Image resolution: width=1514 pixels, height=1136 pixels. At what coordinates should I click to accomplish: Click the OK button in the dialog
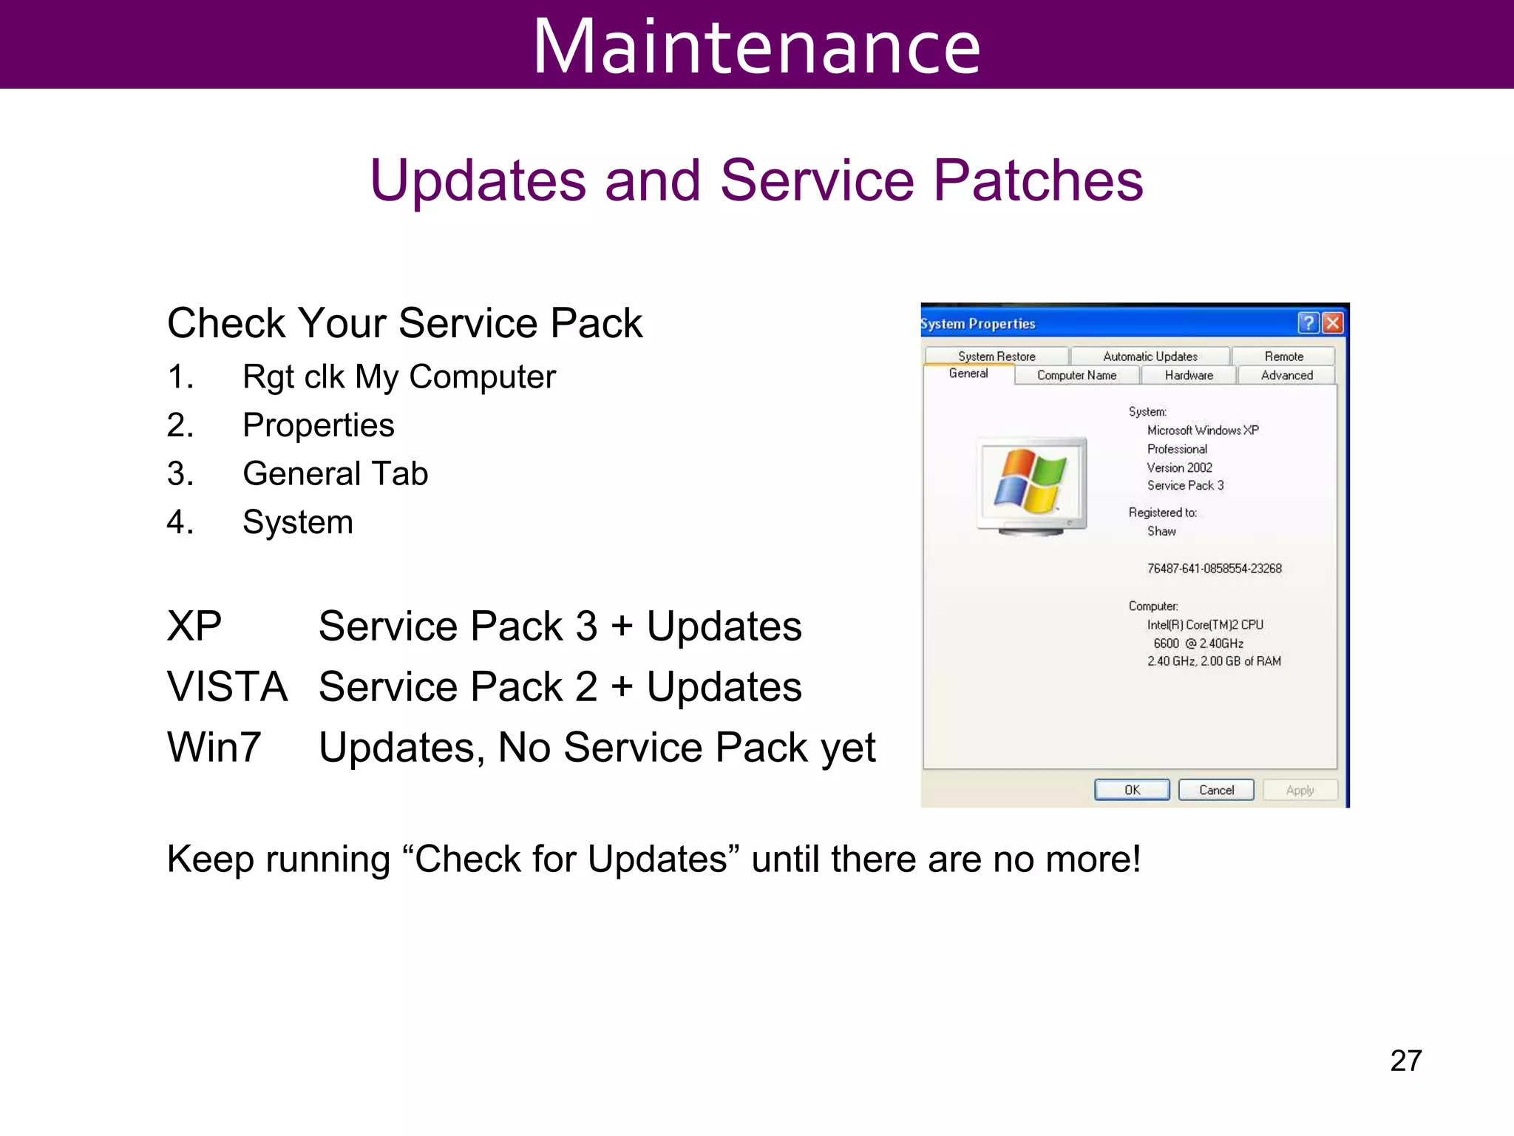1132,790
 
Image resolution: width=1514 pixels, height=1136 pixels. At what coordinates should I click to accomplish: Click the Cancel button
1216,790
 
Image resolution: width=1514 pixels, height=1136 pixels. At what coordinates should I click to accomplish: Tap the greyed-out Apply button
1300,790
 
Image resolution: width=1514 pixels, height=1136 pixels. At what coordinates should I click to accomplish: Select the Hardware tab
1189,375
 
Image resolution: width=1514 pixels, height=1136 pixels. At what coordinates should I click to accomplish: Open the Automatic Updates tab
1150,356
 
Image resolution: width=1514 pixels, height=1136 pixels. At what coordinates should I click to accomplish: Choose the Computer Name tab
1076,375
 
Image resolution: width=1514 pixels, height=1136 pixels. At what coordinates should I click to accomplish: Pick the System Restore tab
997,356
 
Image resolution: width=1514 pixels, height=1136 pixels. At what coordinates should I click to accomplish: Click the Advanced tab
1286,375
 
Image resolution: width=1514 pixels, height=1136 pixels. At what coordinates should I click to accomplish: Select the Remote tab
1283,356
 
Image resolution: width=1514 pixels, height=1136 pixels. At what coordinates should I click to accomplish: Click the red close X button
1332,323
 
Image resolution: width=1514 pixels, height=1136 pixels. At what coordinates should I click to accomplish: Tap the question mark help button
1308,323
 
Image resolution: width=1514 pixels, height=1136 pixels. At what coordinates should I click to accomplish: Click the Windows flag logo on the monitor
1030,481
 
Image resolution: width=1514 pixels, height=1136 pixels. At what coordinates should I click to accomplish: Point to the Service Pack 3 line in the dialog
1185,485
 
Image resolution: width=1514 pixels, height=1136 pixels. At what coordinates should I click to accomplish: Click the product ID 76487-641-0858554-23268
1214,568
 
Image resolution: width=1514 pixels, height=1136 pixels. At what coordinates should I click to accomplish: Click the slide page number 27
1405,1061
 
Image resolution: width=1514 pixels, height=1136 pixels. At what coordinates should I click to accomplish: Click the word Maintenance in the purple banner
756,46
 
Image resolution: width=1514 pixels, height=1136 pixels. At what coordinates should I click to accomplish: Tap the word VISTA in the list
227,686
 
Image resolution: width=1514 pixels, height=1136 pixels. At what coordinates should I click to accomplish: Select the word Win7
214,747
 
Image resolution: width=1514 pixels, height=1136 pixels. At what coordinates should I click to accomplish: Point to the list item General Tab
335,473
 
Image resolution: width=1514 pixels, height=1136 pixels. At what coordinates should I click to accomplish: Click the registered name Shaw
1161,531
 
